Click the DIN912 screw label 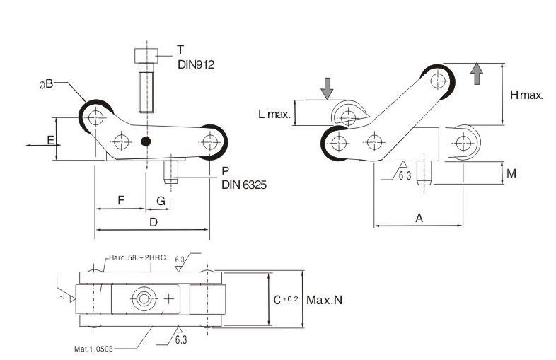(x=195, y=64)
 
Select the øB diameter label (x=46, y=85)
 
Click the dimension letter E (x=51, y=139)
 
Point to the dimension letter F (x=120, y=202)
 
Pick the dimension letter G (x=161, y=202)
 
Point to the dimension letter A (x=418, y=219)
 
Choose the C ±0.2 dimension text (x=286, y=300)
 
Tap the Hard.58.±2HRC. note (x=136, y=258)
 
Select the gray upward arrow (x=476, y=74)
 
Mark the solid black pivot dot (x=146, y=141)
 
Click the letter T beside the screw (x=180, y=50)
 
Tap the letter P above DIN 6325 (x=224, y=172)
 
